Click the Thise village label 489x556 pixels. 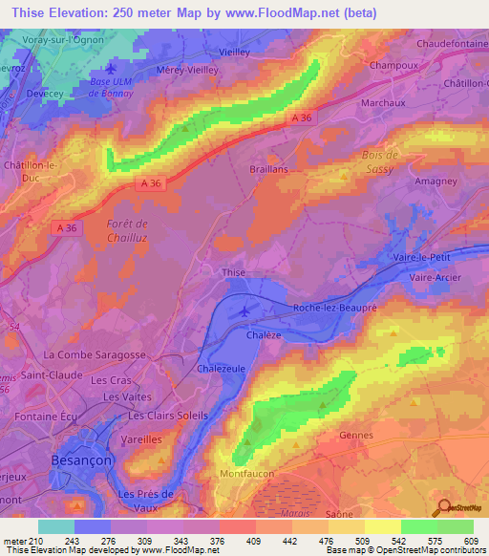click(x=234, y=272)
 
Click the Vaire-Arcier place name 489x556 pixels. click(x=436, y=277)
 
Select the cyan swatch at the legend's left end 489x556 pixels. click(x=56, y=526)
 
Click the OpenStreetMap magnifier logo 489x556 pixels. click(x=442, y=507)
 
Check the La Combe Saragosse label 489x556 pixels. click(x=93, y=354)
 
